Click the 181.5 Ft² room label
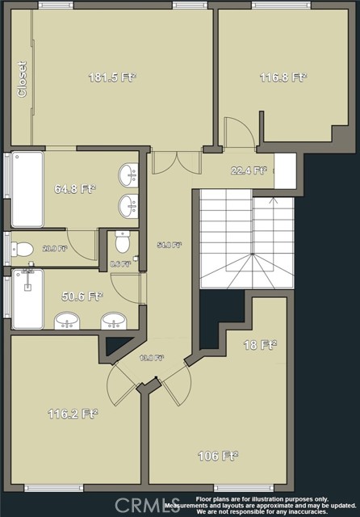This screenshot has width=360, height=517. click(x=111, y=78)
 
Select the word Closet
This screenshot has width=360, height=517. click(x=22, y=79)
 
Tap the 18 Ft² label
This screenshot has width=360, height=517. click(x=260, y=344)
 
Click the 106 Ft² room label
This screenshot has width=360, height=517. click(x=218, y=456)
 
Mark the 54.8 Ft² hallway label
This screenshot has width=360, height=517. click(x=169, y=244)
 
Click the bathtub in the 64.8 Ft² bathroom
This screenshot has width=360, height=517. click(x=27, y=190)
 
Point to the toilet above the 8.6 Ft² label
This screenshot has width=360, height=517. click(x=122, y=242)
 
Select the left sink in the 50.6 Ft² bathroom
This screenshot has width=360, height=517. click(x=67, y=322)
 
